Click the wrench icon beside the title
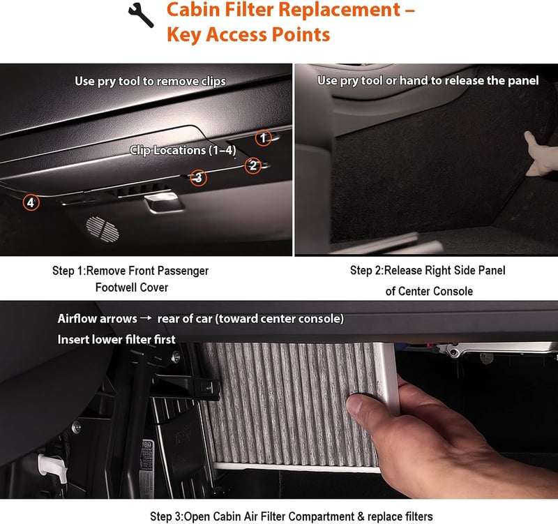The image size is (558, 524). (x=141, y=15)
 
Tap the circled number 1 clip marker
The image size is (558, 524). (x=264, y=137)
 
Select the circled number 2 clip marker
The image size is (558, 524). (x=253, y=165)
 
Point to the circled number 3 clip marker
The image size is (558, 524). (x=198, y=177)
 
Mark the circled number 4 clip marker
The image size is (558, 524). (x=31, y=202)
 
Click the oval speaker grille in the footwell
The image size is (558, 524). (x=103, y=230)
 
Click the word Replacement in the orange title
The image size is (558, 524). (x=339, y=10)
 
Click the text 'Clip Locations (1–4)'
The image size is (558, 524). (x=183, y=150)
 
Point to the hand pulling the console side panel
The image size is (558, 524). (x=541, y=154)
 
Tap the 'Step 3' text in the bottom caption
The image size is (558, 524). (x=167, y=516)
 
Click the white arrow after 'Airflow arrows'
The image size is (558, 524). (x=146, y=318)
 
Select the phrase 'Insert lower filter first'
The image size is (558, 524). (x=116, y=339)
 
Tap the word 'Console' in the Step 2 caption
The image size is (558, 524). (x=453, y=291)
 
